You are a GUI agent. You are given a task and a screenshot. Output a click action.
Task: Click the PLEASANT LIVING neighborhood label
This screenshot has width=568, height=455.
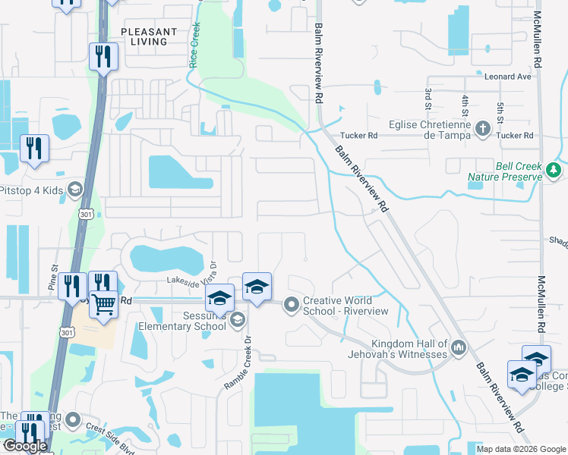149,36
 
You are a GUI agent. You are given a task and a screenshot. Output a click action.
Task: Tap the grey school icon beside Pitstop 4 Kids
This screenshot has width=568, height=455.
74,189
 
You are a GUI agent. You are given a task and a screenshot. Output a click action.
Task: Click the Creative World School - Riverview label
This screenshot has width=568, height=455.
346,306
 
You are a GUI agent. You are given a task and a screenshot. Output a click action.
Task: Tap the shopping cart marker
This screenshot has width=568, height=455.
103,304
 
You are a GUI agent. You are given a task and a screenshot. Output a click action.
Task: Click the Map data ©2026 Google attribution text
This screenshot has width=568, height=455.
520,449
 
